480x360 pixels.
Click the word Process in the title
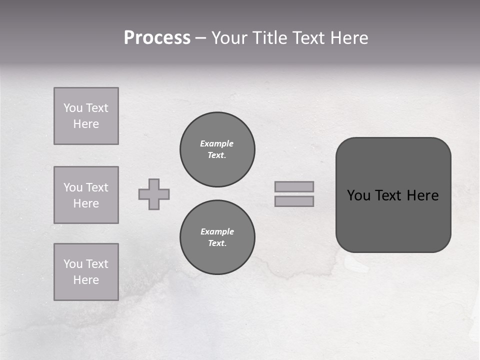coord(157,38)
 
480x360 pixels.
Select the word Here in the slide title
coord(349,38)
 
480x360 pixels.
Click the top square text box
coord(86,116)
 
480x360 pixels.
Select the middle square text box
coord(86,195)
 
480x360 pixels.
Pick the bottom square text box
coord(86,272)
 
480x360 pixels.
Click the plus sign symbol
coord(154,194)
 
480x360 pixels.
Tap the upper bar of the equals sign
coord(294,186)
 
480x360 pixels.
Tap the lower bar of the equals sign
coord(294,201)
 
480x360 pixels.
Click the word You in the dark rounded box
coord(358,195)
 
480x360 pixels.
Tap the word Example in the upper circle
coord(217,143)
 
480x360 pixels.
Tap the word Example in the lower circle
coord(217,231)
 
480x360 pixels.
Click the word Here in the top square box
coord(86,124)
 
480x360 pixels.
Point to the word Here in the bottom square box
coord(86,280)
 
